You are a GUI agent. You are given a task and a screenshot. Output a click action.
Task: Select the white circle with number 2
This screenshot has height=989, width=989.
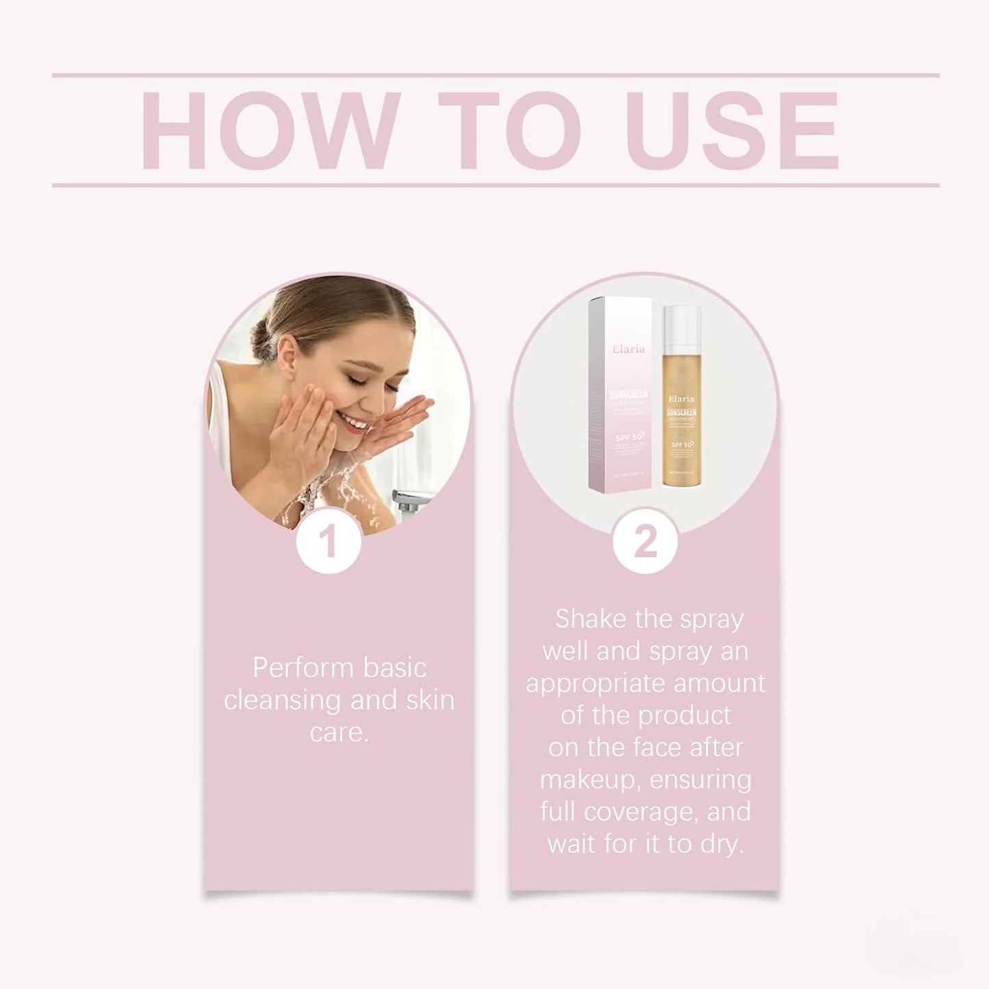point(645,541)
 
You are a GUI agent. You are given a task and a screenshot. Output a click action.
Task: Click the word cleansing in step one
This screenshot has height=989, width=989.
point(283,700)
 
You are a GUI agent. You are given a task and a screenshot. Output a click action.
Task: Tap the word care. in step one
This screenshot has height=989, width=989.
point(339,733)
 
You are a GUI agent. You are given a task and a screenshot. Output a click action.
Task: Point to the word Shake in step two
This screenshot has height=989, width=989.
point(590,619)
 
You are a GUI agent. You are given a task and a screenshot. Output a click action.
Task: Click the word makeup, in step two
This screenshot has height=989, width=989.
point(589,780)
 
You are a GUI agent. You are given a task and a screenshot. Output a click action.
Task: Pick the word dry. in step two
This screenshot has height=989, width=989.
point(720,845)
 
